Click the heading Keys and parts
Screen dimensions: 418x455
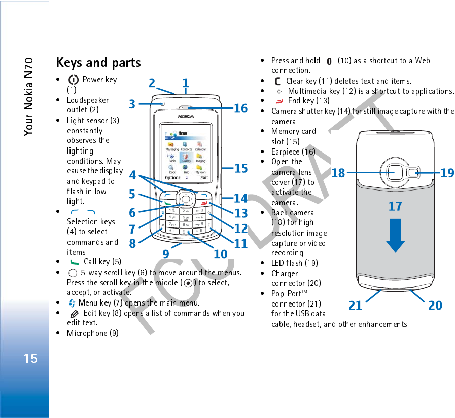click(98, 63)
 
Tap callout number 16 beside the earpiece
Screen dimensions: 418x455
click(240, 108)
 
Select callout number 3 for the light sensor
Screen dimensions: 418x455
click(132, 104)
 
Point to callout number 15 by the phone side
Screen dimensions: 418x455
click(241, 168)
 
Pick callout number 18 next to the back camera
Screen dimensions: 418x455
click(338, 173)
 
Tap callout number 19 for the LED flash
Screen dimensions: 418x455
click(447, 173)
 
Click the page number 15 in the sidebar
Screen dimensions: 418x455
click(30, 358)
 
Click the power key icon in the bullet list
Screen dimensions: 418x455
click(74, 80)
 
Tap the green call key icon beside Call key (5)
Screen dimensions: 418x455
click(75, 262)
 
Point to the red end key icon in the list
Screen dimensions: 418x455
click(279, 101)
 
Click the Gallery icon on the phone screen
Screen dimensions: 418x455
click(187, 157)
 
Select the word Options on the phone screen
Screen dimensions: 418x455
click(172, 178)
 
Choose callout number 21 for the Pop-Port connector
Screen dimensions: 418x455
click(356, 305)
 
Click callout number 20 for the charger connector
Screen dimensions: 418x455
click(435, 305)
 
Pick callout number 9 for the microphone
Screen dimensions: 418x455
click(166, 253)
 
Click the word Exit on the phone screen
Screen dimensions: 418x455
click(204, 178)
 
